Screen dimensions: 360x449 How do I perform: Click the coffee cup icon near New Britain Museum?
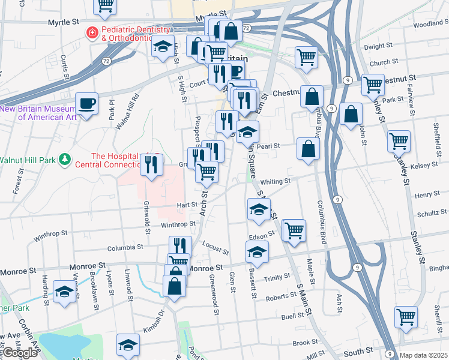click(87, 103)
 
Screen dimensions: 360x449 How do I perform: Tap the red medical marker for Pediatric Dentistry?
click(92, 32)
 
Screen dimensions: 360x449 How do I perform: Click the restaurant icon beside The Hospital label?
click(152, 163)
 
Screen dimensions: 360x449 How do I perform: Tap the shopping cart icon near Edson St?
click(294, 230)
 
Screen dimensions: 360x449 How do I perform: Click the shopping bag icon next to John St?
click(351, 113)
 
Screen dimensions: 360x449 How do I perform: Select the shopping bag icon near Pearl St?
click(307, 149)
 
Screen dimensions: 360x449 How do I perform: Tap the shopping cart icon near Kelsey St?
click(399, 141)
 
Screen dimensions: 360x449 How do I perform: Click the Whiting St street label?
click(276, 181)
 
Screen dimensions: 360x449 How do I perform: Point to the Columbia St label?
click(125, 247)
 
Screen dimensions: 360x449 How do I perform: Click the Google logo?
click(20, 353)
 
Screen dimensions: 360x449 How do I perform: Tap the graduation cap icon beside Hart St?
click(258, 209)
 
